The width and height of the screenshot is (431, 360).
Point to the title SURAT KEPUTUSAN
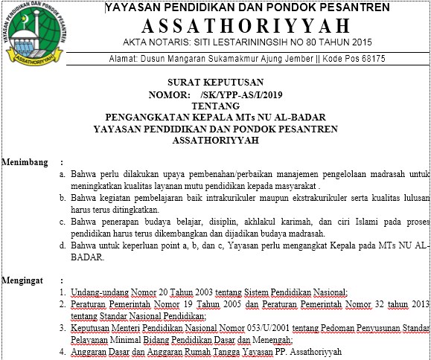[x=216, y=84]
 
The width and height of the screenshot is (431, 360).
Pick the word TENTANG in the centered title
[x=215, y=106]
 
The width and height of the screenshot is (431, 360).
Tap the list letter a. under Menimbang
[x=63, y=173]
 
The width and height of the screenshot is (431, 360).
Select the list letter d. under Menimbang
[x=63, y=245]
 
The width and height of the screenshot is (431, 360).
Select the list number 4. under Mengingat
[x=63, y=352]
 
